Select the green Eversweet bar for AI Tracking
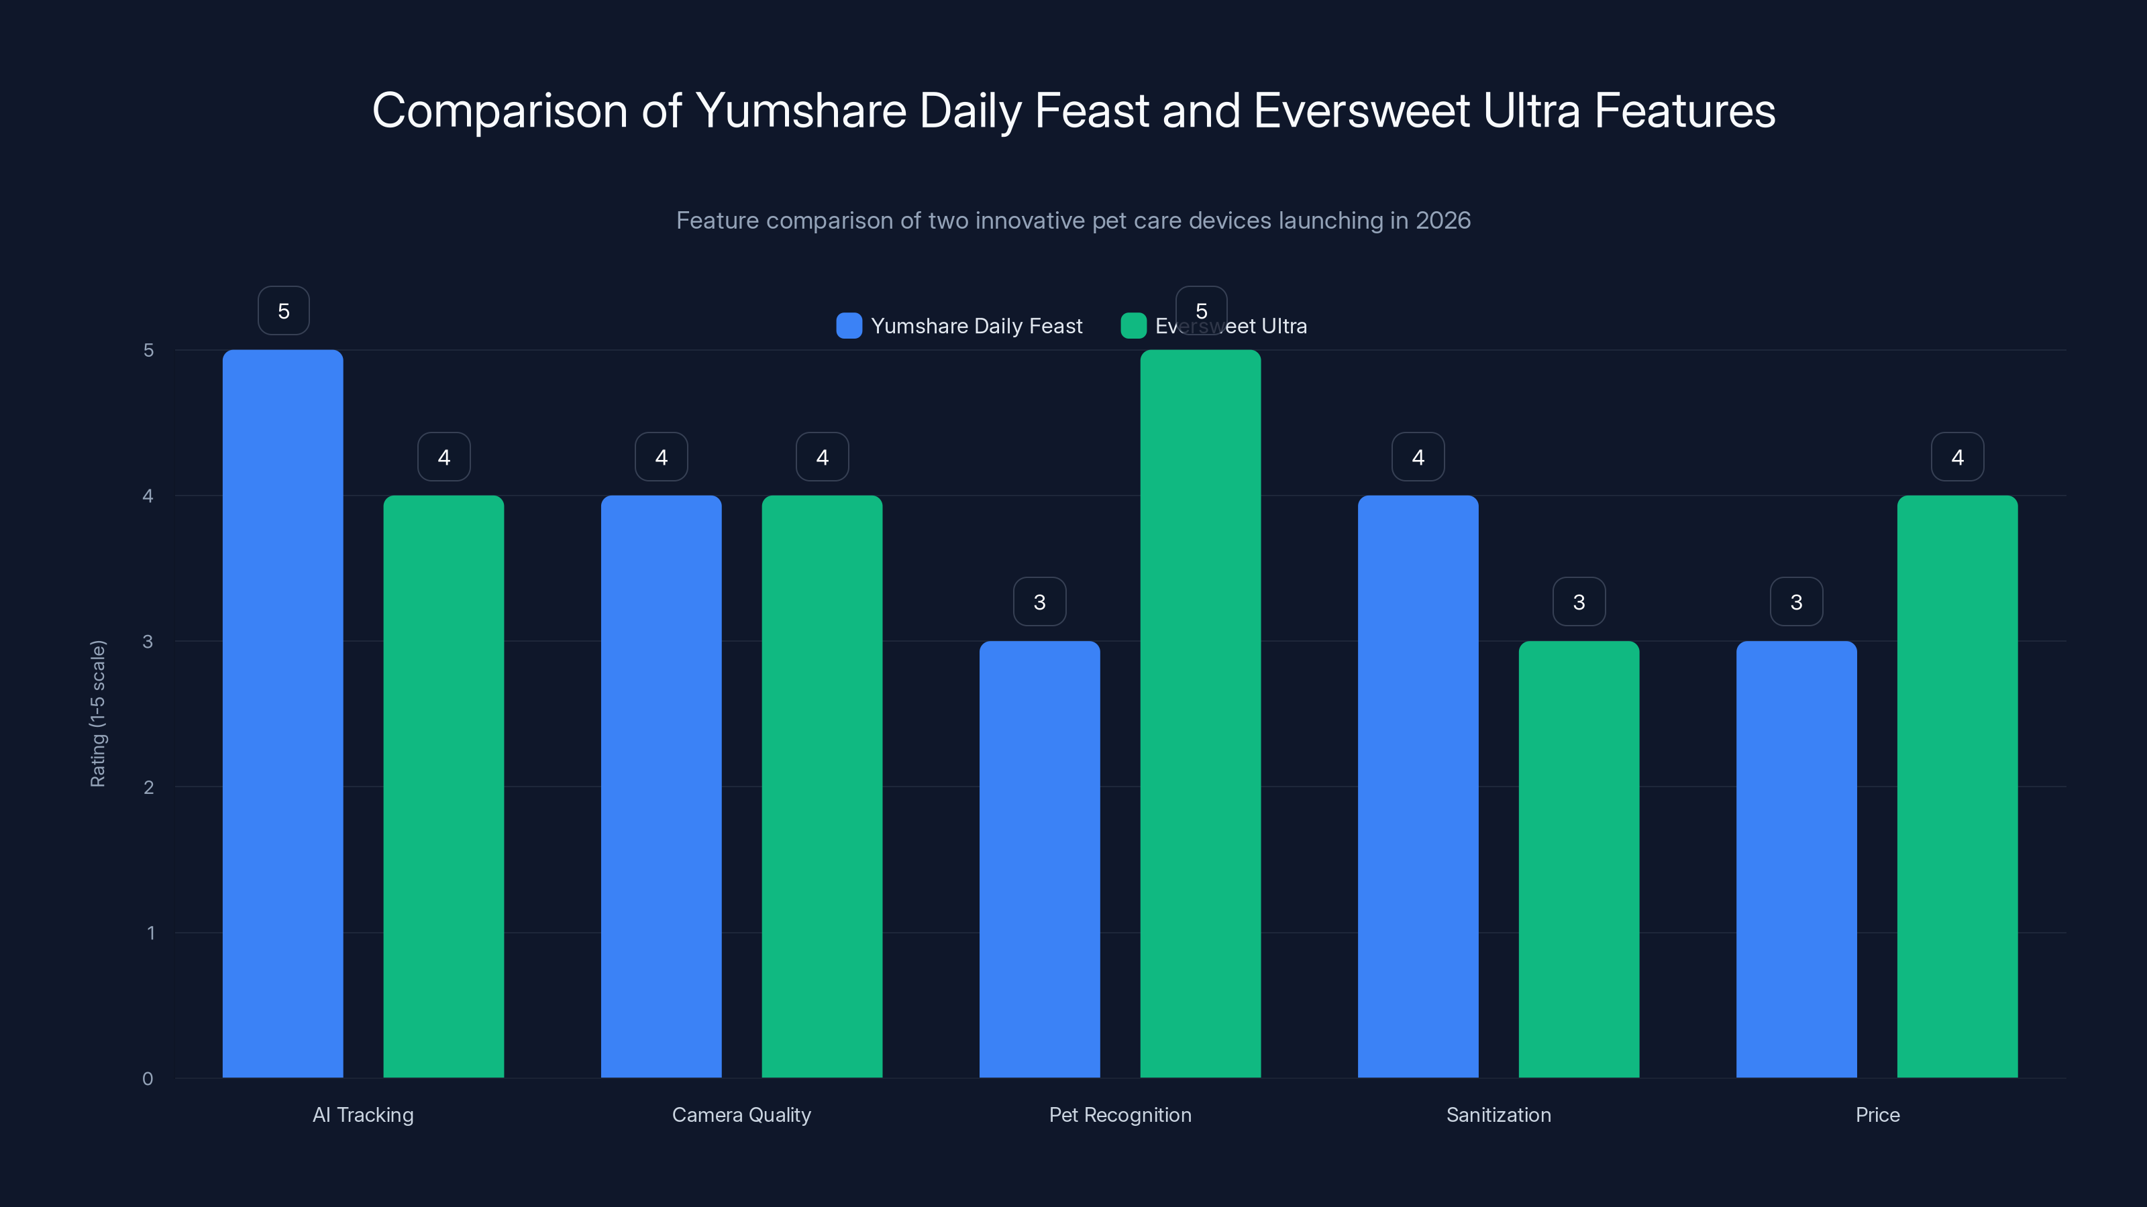pos(443,787)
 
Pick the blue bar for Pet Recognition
pos(1039,859)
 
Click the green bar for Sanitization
pos(1579,859)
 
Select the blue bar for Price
pos(1796,859)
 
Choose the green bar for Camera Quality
pos(822,787)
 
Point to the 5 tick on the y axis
pos(148,351)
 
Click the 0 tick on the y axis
pos(148,1079)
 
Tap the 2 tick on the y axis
pos(148,787)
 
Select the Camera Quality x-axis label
pos(741,1114)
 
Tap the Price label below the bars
pos(1877,1114)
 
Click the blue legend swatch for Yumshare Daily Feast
pos(849,326)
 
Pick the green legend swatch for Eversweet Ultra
pos(1133,326)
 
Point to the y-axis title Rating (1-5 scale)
pos(97,713)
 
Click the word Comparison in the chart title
pos(499,111)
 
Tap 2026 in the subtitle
pos(1443,221)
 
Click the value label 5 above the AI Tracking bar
pos(283,310)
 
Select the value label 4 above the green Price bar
pos(1957,457)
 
